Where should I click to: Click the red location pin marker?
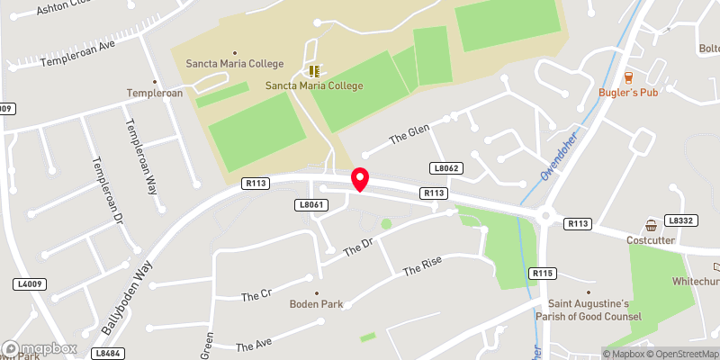(x=360, y=179)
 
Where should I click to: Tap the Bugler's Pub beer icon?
(x=628, y=76)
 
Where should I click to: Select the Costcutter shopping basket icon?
(x=651, y=225)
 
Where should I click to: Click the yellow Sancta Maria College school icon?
(x=313, y=70)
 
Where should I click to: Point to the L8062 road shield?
(x=445, y=168)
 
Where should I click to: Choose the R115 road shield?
(x=542, y=274)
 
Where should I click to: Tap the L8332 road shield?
(x=681, y=220)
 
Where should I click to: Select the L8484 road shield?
(x=107, y=354)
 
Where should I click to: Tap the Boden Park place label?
(x=317, y=304)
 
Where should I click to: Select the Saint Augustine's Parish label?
(x=590, y=310)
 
